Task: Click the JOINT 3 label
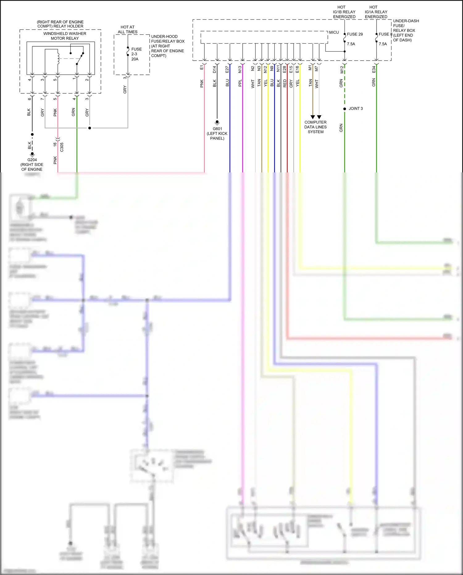pyautogui.click(x=356, y=108)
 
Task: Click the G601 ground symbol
pyautogui.click(x=217, y=122)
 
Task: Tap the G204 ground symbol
pyautogui.click(x=32, y=154)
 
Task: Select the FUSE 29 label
pyautogui.click(x=355, y=34)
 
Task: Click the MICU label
pyautogui.click(x=334, y=32)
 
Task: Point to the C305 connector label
pyautogui.click(x=62, y=147)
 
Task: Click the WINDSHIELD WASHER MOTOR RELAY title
pyautogui.click(x=65, y=36)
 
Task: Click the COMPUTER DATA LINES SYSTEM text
pyautogui.click(x=315, y=127)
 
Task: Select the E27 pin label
pyautogui.click(x=227, y=70)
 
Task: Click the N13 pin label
pyautogui.click(x=240, y=70)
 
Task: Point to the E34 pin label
pyautogui.click(x=373, y=70)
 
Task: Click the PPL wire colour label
pyautogui.click(x=240, y=83)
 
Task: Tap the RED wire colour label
pyautogui.click(x=285, y=83)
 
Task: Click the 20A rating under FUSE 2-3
pyautogui.click(x=135, y=59)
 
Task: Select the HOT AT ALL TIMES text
pyautogui.click(x=127, y=29)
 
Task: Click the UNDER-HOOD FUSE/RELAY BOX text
pyautogui.click(x=168, y=39)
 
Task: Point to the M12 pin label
pyautogui.click(x=342, y=70)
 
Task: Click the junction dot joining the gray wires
pyautogui.click(x=90, y=128)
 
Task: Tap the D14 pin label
pyautogui.click(x=215, y=70)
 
